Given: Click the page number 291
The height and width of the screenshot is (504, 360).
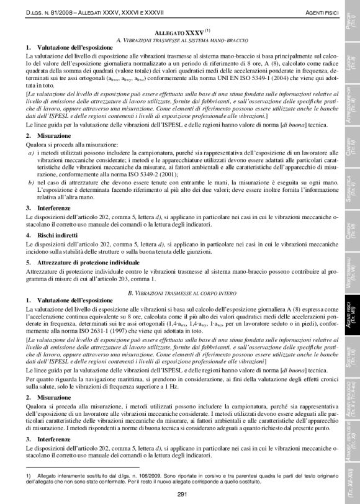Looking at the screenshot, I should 182,493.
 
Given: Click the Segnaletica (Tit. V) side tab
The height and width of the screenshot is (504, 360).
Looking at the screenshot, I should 351,189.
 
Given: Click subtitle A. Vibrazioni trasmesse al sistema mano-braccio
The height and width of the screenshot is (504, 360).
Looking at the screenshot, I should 180,39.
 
